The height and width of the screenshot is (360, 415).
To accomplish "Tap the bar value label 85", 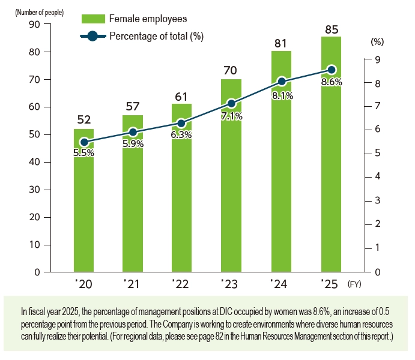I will pyautogui.click(x=331, y=28).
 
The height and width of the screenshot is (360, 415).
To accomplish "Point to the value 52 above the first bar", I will pyautogui.click(x=83, y=119).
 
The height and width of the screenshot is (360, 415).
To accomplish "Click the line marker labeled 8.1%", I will pyautogui.click(x=282, y=81).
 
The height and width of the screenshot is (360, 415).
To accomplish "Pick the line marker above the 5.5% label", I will pyautogui.click(x=84, y=142).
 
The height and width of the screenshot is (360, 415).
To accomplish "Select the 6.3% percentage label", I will pyautogui.click(x=181, y=135).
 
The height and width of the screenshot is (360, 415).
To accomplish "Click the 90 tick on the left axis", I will pyautogui.click(x=34, y=25).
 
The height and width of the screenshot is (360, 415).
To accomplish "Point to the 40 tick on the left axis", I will pyautogui.click(x=34, y=162).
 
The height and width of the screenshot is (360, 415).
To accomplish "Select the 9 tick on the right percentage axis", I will pyautogui.click(x=377, y=59).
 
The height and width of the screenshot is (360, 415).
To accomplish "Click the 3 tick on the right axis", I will pyautogui.click(x=377, y=200).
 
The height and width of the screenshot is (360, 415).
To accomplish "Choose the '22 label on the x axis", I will pyautogui.click(x=180, y=283).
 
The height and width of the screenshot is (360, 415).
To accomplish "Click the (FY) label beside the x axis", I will pyautogui.click(x=357, y=283).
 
